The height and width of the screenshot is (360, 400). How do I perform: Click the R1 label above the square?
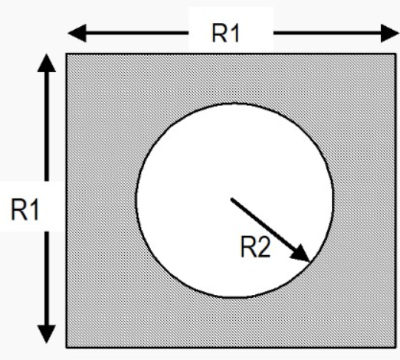[x=226, y=33]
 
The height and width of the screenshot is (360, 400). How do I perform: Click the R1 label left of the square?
[x=25, y=210]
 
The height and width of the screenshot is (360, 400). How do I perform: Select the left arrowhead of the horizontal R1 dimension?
[x=77, y=33]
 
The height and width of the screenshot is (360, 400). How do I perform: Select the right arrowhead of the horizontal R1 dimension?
[x=390, y=33]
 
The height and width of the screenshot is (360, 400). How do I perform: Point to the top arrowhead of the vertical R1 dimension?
[x=47, y=64]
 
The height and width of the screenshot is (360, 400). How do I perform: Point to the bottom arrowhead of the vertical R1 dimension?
[x=47, y=334]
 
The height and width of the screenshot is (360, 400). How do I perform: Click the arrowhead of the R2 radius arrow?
[x=300, y=254]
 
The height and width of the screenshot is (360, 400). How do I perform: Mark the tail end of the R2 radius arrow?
[x=231, y=199]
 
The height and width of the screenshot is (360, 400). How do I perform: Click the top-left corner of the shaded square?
[x=66, y=54]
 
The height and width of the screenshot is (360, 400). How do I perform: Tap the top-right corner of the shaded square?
[x=396, y=54]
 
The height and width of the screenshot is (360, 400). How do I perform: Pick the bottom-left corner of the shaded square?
[x=66, y=348]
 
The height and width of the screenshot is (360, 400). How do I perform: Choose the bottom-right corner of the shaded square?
[x=396, y=348]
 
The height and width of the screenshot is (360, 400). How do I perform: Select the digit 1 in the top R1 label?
[x=235, y=33]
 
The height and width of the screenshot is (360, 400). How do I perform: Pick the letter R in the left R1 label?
[x=19, y=210]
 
